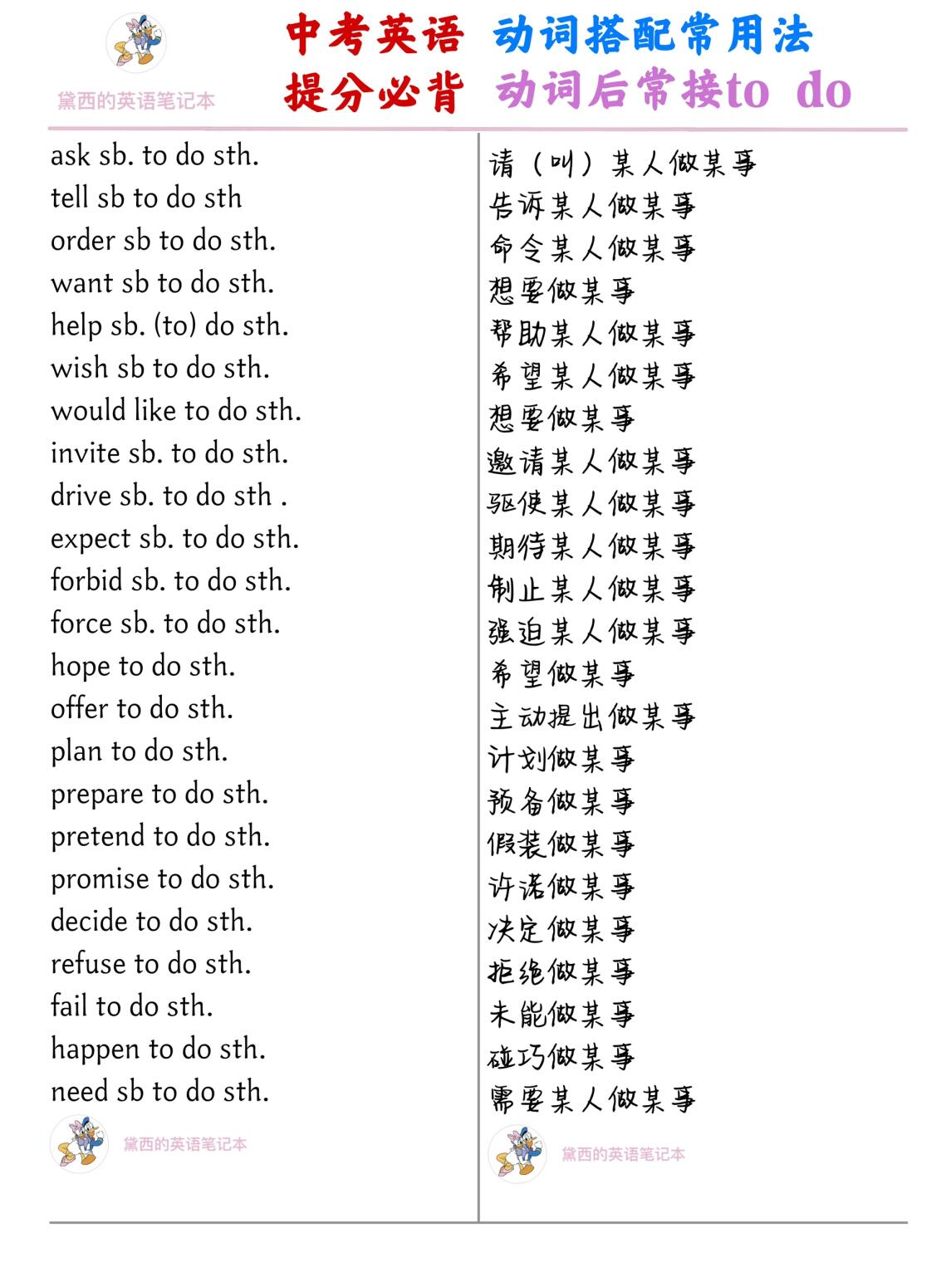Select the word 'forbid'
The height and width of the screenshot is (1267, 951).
[86, 580]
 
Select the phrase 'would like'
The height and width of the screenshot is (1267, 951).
[114, 411]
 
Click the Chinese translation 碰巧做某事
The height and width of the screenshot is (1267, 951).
[561, 1056]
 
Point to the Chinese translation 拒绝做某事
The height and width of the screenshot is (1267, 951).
[561, 971]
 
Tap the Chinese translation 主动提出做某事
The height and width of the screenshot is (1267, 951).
[591, 716]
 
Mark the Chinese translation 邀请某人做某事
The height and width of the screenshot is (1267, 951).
[591, 460]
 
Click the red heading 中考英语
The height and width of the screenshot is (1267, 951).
[375, 36]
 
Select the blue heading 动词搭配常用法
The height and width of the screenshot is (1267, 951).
[652, 36]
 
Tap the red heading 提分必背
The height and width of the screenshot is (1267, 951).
[375, 90]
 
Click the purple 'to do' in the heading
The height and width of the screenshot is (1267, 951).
[789, 90]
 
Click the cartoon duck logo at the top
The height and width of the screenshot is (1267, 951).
[135, 43]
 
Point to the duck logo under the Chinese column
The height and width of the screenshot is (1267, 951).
[517, 1153]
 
